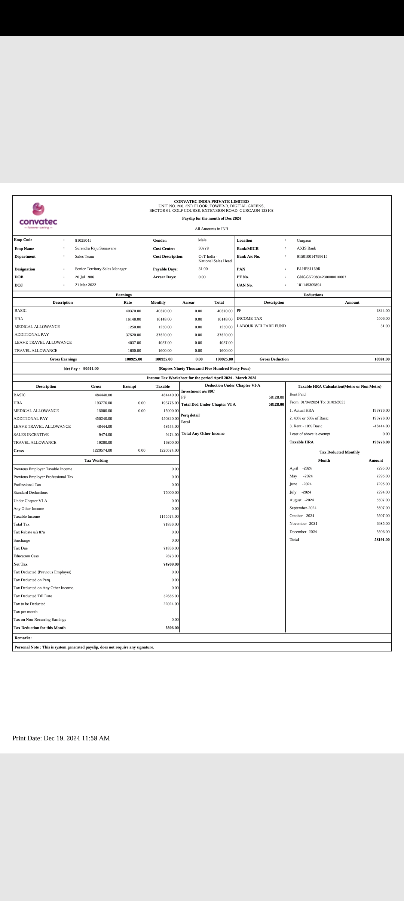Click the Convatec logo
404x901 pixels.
click(38, 216)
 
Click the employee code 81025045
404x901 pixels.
click(83, 241)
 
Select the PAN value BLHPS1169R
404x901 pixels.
click(309, 269)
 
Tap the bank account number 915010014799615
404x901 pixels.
click(312, 257)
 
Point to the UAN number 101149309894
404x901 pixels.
click(309, 285)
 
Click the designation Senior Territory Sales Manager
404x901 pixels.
click(101, 269)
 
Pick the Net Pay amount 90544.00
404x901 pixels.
click(91, 369)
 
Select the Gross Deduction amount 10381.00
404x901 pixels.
click(382, 359)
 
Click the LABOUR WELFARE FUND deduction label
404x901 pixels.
click(261, 326)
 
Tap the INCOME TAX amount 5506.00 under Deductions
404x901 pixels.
click(383, 319)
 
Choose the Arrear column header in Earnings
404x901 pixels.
click(189, 303)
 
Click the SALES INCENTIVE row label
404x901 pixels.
click(31, 435)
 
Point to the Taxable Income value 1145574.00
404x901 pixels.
click(169, 517)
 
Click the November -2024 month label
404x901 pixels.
click(303, 524)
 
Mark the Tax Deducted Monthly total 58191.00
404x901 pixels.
click(382, 540)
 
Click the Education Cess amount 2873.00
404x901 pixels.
click(172, 556)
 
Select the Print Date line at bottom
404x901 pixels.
click(61, 738)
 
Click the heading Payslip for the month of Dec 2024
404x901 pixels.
click(211, 219)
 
